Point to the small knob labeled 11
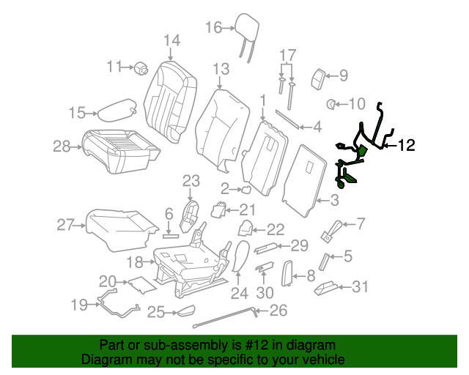141,68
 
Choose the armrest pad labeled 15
115,112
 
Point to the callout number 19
79,303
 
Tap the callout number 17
287,55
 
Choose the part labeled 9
320,77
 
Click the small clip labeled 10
330,104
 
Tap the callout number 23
191,180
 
